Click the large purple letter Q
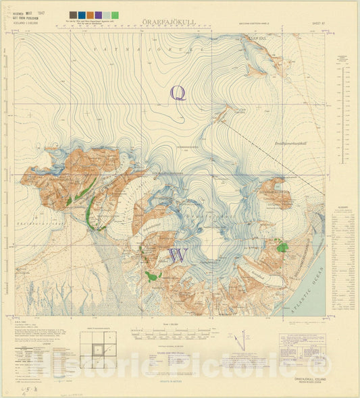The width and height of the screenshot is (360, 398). click(x=178, y=92)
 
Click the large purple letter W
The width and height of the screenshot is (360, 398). click(x=178, y=256)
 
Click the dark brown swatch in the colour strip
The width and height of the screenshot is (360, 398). click(x=73, y=14)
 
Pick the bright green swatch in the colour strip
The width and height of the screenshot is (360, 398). click(x=115, y=14)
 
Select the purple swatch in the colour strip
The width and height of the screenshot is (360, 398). click(x=99, y=14)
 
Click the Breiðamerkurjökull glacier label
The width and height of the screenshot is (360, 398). click(x=291, y=144)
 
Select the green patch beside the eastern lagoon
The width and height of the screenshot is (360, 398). click(x=282, y=247)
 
